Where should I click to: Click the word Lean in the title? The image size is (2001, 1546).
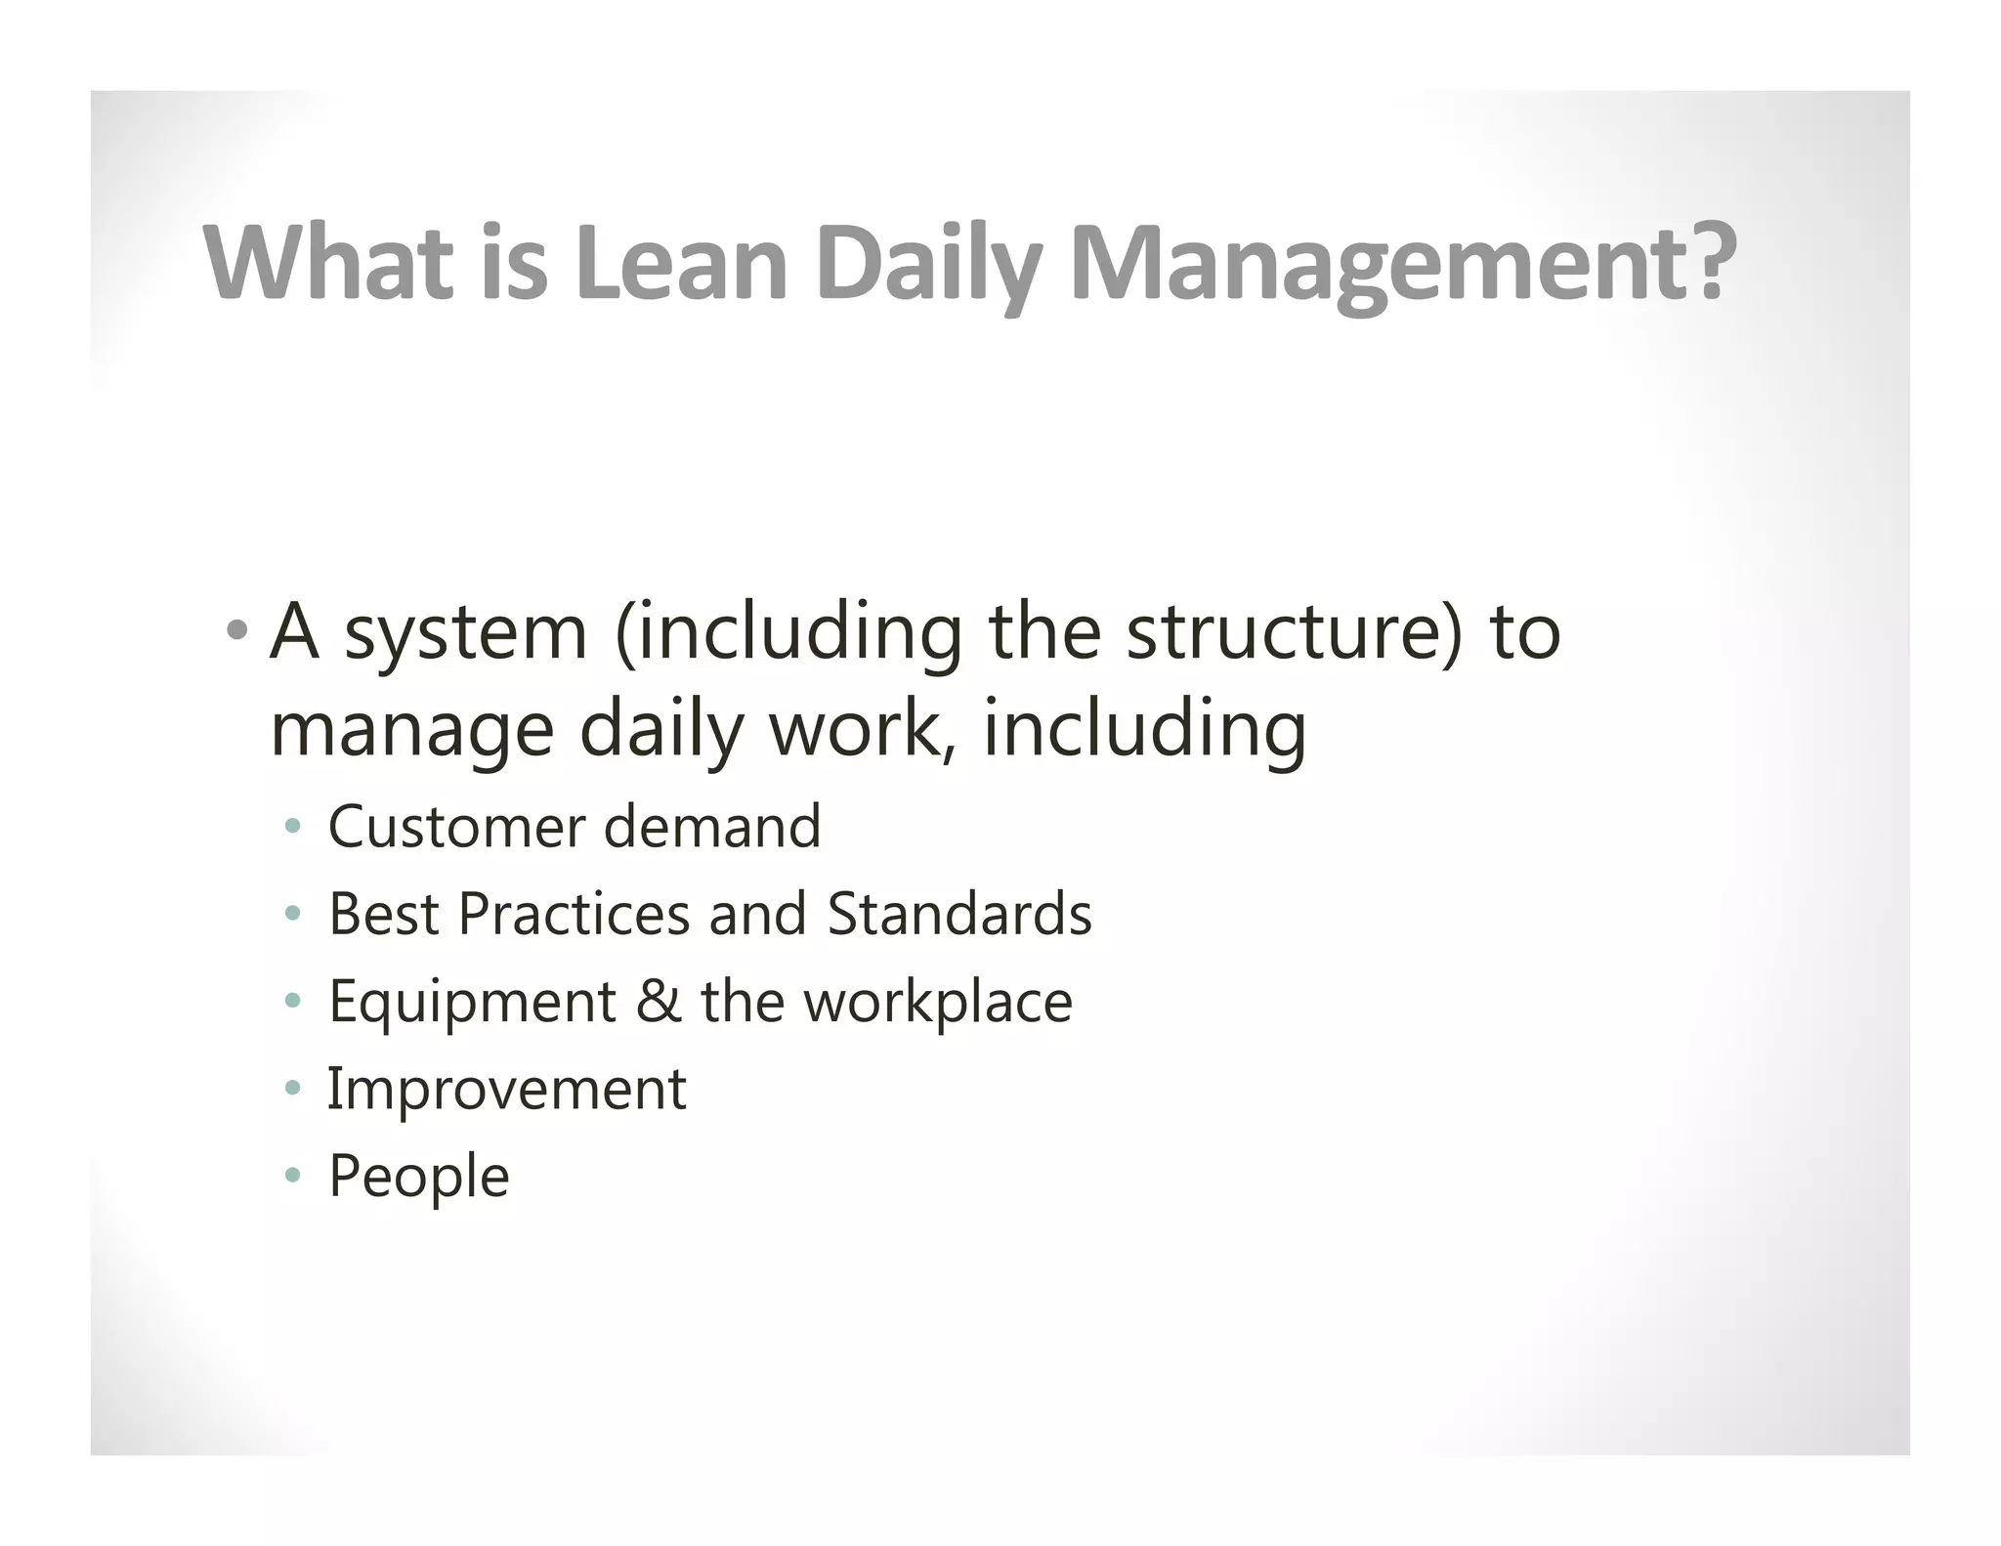pos(681,262)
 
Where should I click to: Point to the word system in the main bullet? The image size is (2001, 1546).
pos(466,634)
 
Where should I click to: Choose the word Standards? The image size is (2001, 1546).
pos(958,915)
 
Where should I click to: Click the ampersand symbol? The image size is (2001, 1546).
pos(659,1002)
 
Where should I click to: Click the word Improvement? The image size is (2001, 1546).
pos(506,1089)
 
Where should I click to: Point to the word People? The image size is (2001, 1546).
pos(418,1177)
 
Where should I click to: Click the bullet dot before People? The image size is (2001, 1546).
pos(291,1176)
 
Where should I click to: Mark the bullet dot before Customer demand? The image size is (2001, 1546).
pos(291,828)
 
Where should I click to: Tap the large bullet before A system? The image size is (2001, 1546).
pos(235,629)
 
